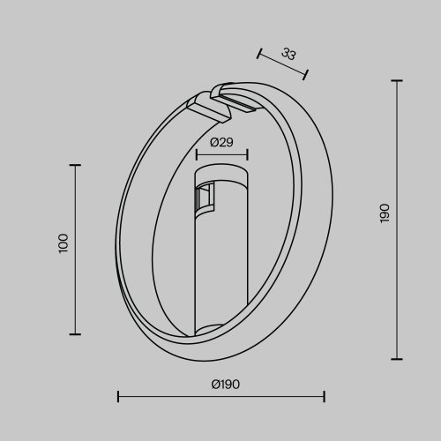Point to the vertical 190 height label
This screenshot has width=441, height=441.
pos(384,213)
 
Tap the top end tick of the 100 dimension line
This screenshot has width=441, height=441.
pos(75,165)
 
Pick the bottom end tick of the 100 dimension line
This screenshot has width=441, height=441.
pos(75,333)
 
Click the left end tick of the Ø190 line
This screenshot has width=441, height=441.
pos(118,396)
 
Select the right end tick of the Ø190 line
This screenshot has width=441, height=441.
pos(325,396)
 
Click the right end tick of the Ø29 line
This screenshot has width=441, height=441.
pos(248,155)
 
